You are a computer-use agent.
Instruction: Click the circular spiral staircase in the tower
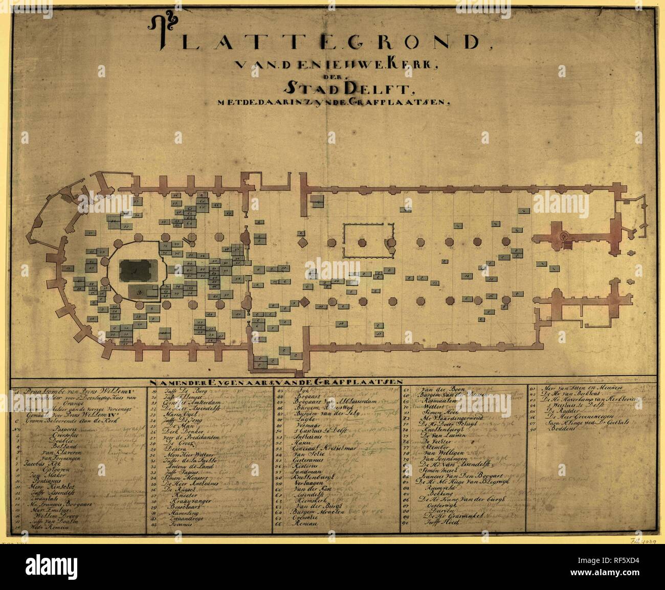564,236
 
